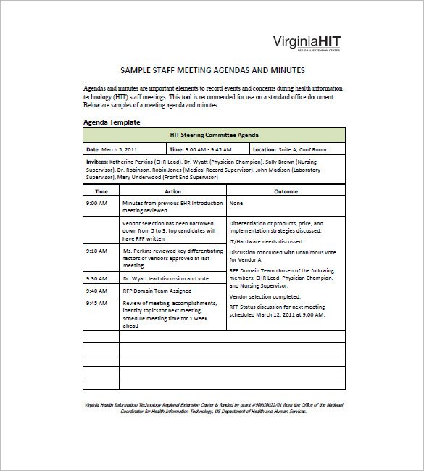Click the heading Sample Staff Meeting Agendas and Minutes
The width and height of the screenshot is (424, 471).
click(x=212, y=70)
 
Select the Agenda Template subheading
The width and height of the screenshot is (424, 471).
click(x=112, y=122)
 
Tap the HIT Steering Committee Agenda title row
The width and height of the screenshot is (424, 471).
click(x=214, y=136)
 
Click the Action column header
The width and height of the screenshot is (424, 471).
click(x=172, y=191)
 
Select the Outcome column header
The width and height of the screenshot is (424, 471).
click(x=286, y=191)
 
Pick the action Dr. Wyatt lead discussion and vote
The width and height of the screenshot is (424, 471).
click(x=166, y=278)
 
